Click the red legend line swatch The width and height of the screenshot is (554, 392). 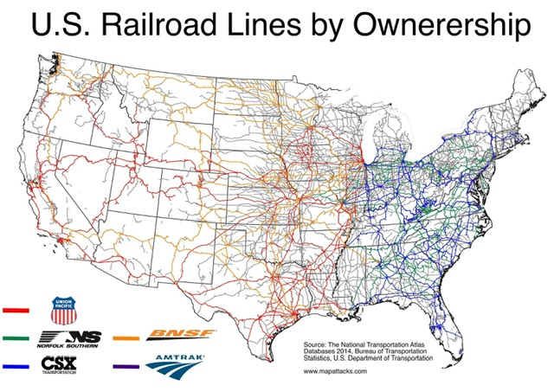point(16,309)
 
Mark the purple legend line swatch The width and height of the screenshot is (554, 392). point(136,365)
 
